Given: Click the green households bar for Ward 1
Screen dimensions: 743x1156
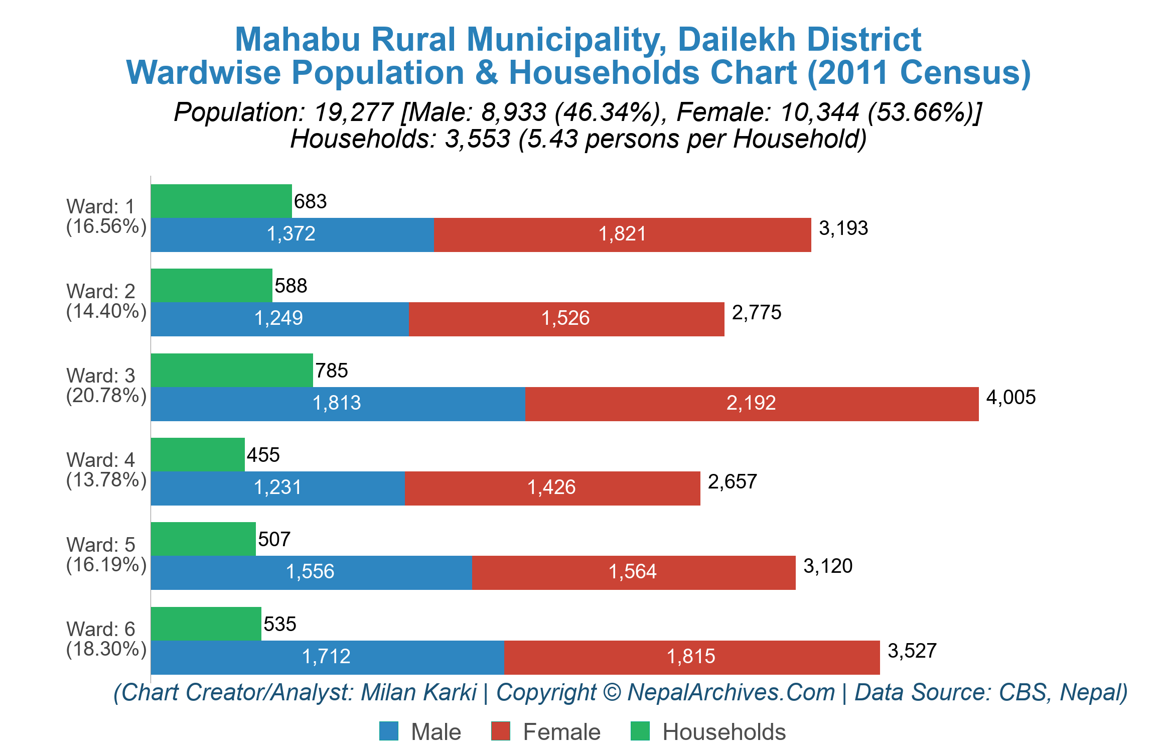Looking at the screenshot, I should point(221,201).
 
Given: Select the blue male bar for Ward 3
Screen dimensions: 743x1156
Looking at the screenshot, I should point(338,404).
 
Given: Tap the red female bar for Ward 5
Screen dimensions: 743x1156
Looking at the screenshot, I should point(633,573).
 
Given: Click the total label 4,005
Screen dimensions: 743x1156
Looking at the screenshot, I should point(1010,398).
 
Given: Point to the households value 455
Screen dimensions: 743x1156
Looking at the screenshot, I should point(263,455).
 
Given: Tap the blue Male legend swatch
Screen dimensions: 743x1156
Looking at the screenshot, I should point(388,731).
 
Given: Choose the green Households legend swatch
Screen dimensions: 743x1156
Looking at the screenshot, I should point(640,731).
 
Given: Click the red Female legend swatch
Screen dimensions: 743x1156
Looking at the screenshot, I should point(500,731).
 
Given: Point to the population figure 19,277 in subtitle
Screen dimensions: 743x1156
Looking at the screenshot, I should point(354,112).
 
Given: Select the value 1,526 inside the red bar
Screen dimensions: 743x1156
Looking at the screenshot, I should point(565,318).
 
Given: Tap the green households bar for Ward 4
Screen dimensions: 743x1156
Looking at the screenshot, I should point(197,454).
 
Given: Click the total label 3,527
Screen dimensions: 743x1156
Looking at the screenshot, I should point(912,651).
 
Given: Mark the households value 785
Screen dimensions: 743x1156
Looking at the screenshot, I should point(331,371).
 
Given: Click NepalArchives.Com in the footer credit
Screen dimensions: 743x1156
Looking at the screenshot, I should point(731,693).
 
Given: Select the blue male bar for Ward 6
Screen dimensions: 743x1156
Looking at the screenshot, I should point(327,658).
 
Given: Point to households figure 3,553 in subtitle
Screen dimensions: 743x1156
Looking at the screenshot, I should point(477,139).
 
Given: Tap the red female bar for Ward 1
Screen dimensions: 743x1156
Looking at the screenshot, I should point(622,234).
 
